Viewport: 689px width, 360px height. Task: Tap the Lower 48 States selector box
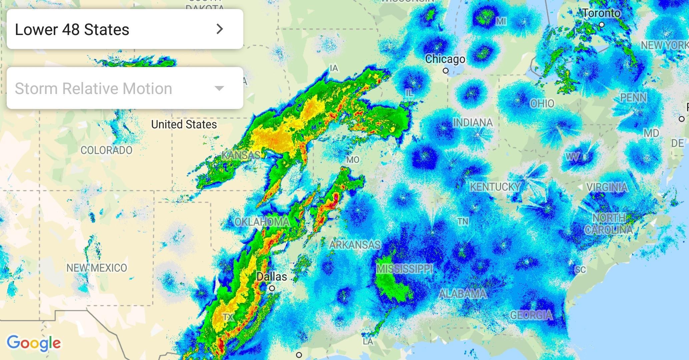[x=125, y=29]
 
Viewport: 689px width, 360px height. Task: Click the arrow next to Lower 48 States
[x=219, y=29]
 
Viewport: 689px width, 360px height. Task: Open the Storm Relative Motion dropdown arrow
[x=219, y=88]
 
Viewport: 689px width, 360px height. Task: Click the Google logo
[x=34, y=343]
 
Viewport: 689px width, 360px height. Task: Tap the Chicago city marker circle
[x=446, y=71]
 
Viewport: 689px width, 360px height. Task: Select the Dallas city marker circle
[x=272, y=288]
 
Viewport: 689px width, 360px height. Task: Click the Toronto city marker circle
[x=602, y=25]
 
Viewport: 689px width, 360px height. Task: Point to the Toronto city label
[x=602, y=13]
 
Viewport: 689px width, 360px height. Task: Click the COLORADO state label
[x=106, y=150]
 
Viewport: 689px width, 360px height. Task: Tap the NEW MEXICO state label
[x=97, y=268]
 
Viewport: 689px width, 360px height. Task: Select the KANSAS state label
[x=241, y=155]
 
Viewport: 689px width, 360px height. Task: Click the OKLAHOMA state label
[x=262, y=222]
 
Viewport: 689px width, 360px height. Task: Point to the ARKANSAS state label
[x=355, y=245]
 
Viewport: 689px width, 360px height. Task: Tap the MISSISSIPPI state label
[x=405, y=269]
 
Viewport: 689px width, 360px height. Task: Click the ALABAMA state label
[x=463, y=294]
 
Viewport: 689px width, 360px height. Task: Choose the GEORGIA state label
[x=531, y=315]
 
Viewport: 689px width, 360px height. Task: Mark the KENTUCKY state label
[x=495, y=187]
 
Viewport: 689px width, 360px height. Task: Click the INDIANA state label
[x=473, y=123]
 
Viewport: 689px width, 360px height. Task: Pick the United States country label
[x=184, y=125]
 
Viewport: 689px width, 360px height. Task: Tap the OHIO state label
[x=542, y=104]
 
